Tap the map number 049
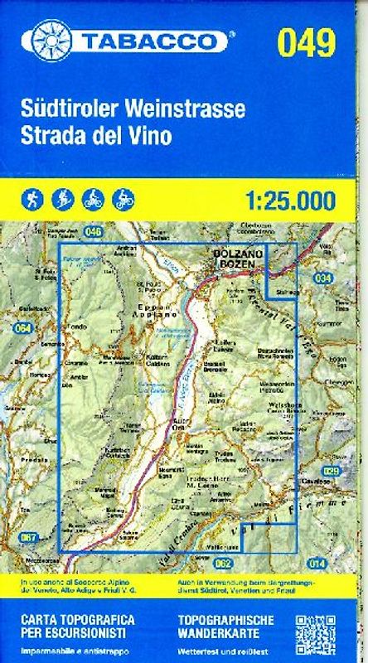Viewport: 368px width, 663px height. pyautogui.click(x=306, y=41)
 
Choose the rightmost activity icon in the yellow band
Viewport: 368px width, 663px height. pyautogui.click(x=123, y=200)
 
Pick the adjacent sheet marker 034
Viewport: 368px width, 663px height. pyautogui.click(x=323, y=278)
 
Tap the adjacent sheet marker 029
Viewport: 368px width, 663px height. pyautogui.click(x=331, y=472)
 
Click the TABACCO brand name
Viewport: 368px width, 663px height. pyautogui.click(x=152, y=41)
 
